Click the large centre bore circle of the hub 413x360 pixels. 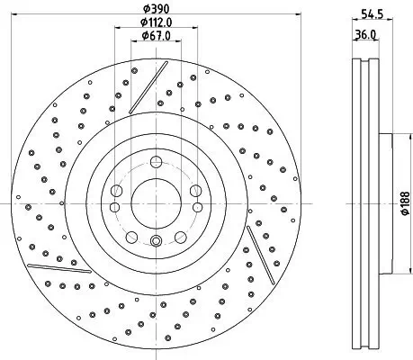156,203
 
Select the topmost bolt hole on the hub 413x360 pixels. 156,163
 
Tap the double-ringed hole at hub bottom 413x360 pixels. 156,240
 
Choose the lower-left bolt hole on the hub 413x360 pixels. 131,236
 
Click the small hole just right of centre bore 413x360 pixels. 195,190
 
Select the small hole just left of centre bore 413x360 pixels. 116,190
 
